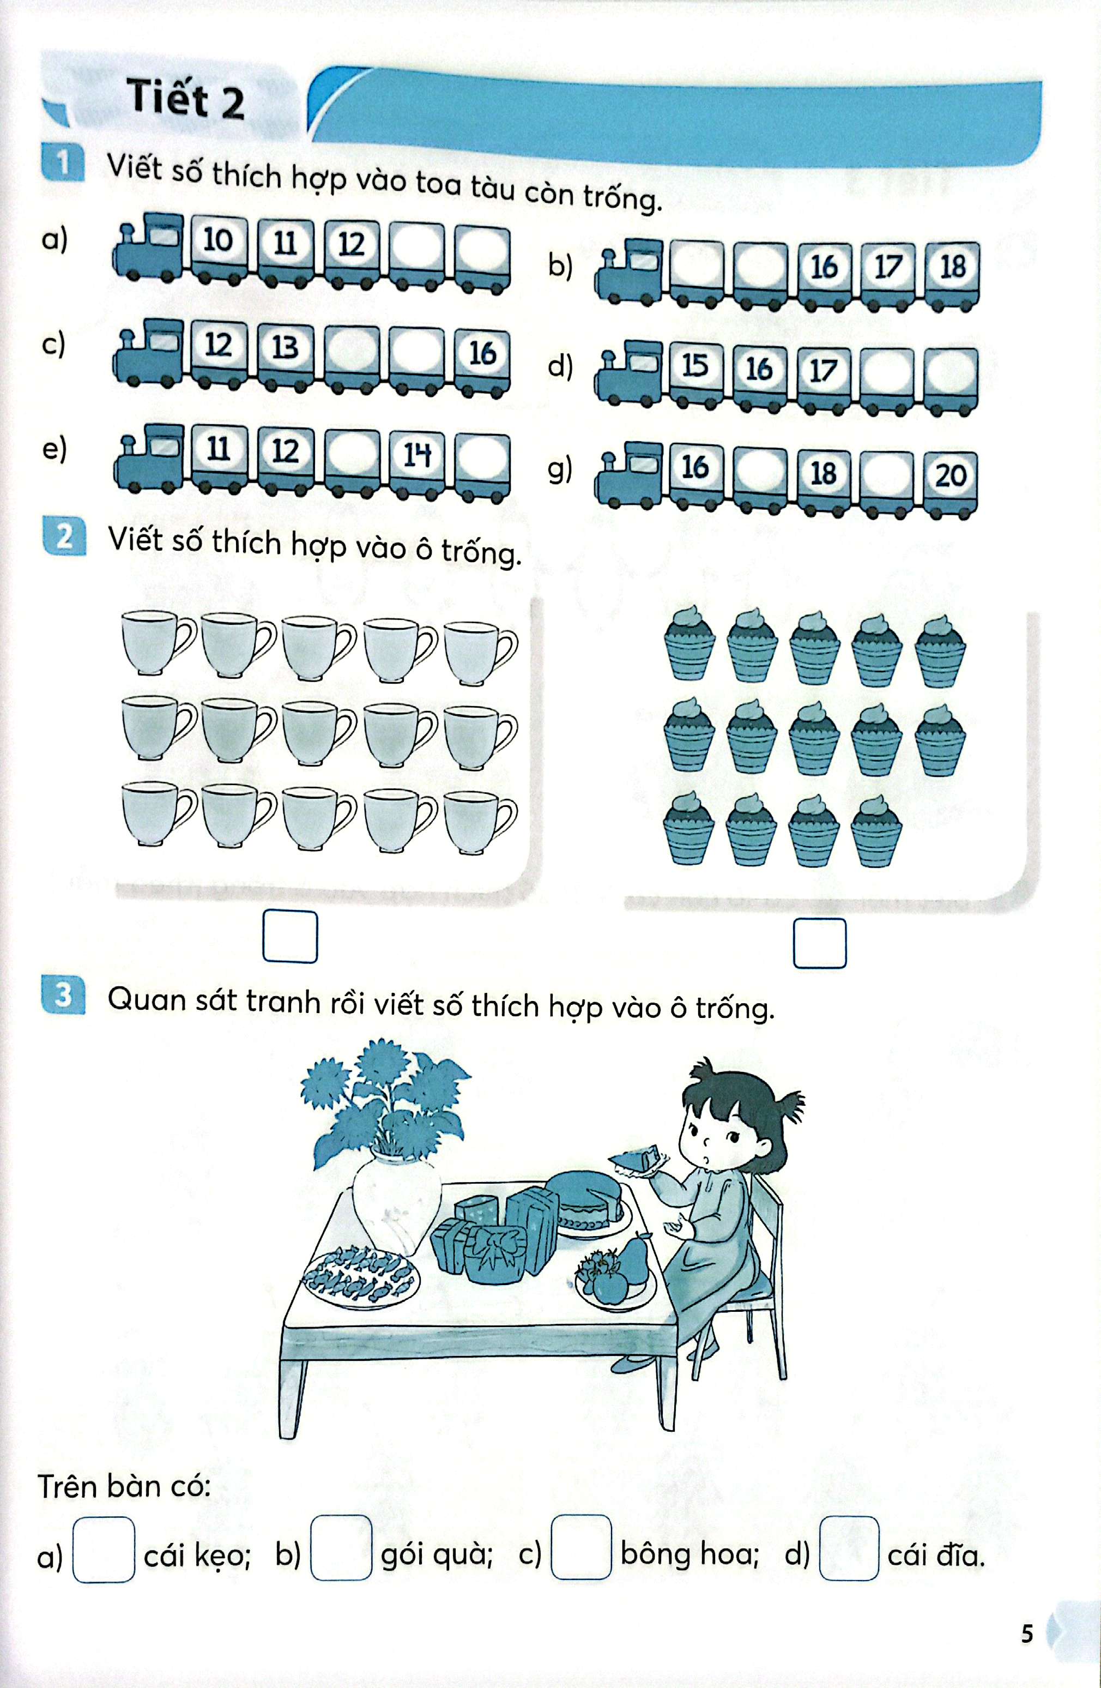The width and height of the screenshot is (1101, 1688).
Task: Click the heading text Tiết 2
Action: (x=186, y=99)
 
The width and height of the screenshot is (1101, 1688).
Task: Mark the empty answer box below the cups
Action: (x=290, y=937)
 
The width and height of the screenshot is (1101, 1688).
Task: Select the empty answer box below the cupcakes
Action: (x=820, y=943)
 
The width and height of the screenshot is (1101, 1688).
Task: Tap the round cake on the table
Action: (x=585, y=1201)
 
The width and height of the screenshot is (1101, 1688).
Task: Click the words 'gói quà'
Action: (x=437, y=1554)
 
